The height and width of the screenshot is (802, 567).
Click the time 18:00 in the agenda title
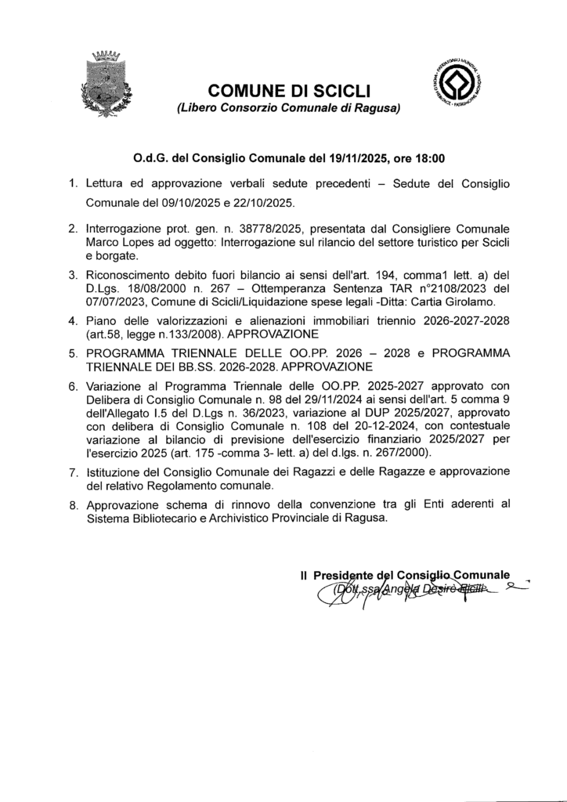coord(429,157)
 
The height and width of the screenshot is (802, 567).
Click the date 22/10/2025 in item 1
coord(265,203)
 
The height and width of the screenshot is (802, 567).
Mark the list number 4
coord(71,320)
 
